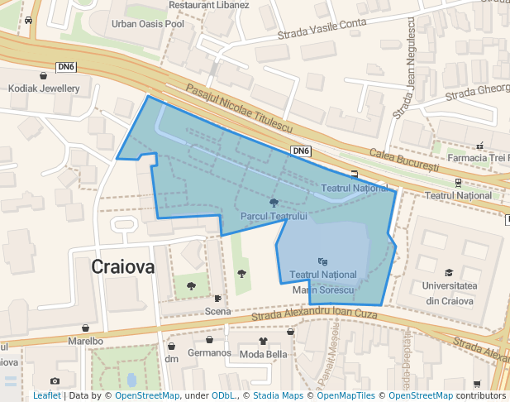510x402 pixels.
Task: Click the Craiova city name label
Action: (123, 267)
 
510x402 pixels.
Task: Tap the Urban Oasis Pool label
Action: (148, 23)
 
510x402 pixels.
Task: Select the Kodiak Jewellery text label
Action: (43, 89)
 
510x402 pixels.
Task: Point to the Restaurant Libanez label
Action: (208, 5)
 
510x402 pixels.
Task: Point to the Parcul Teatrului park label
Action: (274, 216)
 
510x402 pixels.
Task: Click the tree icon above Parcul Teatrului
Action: (274, 203)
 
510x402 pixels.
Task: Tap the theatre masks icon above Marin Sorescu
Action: (322, 262)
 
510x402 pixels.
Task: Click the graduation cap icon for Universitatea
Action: (449, 272)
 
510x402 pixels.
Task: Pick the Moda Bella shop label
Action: (263, 354)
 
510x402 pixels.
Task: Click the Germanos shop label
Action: (209, 353)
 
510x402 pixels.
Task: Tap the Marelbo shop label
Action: (86, 340)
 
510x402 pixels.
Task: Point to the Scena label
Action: (217, 312)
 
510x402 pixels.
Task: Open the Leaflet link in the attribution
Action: (46, 395)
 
